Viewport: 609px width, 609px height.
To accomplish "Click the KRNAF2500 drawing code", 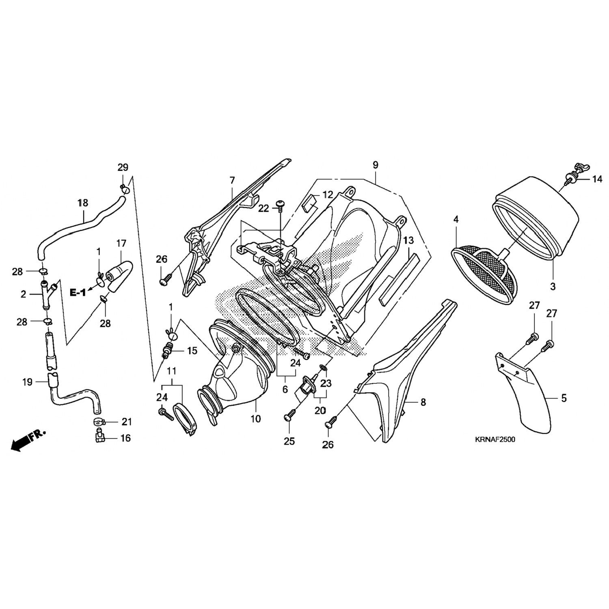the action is pos(495,439).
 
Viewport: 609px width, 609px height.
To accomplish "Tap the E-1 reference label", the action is pos(78,292).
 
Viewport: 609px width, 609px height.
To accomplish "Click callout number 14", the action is pos(597,179).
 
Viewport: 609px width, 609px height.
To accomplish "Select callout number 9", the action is pos(375,165).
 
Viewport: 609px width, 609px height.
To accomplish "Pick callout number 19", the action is pos(27,382).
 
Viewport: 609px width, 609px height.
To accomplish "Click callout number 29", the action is pos(123,167).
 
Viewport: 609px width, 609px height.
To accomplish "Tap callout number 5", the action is pos(564,398).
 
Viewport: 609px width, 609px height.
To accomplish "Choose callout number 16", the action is pos(125,438).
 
